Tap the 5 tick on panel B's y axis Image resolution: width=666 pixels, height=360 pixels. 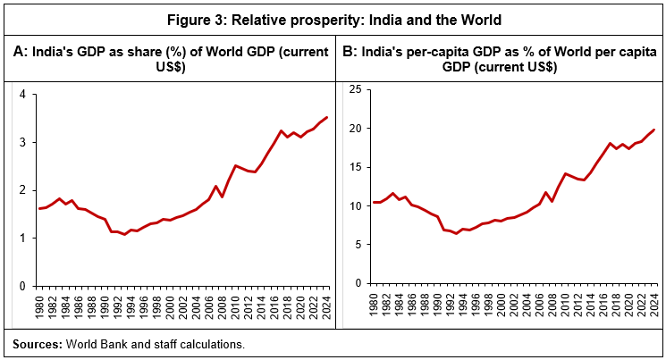coord(358,245)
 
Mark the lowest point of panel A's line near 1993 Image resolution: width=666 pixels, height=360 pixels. coord(124,234)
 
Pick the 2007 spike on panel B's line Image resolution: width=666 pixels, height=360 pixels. coord(545,192)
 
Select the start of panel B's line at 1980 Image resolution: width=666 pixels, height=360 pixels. coord(374,202)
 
